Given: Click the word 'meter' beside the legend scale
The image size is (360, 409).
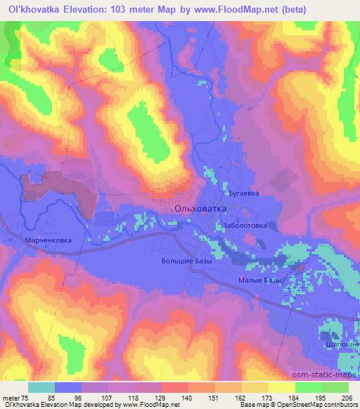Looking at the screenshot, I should pos(11,396).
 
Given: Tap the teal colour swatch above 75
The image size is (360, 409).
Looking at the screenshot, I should pos(41,387).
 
